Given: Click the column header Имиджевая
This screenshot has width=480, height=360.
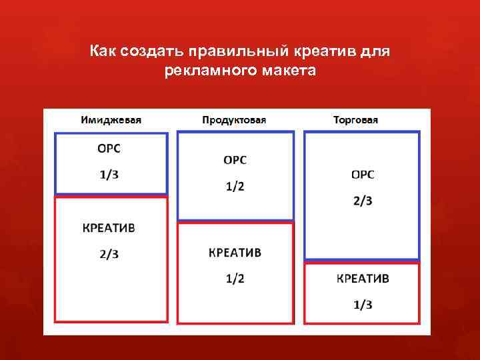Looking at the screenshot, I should click(x=111, y=120).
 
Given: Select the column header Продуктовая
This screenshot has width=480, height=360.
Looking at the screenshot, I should click(x=234, y=120).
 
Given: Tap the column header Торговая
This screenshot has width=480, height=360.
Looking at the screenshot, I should click(x=355, y=120).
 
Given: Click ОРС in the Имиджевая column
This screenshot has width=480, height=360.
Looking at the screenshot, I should click(x=110, y=149).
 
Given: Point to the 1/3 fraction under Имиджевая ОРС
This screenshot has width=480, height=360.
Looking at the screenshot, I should click(x=110, y=175).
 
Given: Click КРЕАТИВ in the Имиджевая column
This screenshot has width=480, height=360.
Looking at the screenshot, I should click(x=109, y=227).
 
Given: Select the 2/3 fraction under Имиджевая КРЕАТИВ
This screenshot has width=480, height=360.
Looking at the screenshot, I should click(x=109, y=253).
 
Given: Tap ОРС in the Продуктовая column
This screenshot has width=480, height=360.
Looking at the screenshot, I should click(x=235, y=160).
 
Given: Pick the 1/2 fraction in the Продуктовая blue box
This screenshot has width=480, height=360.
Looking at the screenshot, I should click(x=235, y=186).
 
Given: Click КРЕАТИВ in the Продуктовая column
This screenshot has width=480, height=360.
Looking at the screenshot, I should click(x=235, y=253).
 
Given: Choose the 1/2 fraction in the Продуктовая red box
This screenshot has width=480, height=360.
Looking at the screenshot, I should click(x=235, y=279).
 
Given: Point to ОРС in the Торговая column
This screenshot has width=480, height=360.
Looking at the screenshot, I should click(x=363, y=175).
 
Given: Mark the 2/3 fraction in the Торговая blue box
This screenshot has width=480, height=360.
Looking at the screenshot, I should click(x=363, y=201).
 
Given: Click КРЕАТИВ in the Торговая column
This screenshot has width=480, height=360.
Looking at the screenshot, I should click(x=363, y=279).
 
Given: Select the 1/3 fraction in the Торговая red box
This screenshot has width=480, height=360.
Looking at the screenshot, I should click(x=363, y=305).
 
